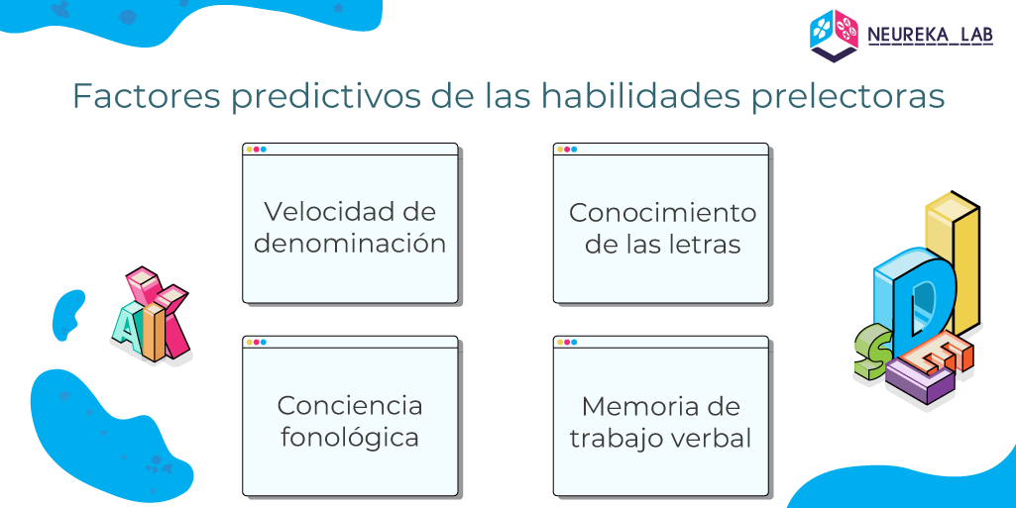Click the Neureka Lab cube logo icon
pyautogui.click(x=834, y=36)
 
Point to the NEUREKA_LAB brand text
pyautogui.click(x=930, y=35)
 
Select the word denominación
pyautogui.click(x=350, y=244)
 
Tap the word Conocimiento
pyautogui.click(x=662, y=213)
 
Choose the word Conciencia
pyautogui.click(x=350, y=406)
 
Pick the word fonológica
pyautogui.click(x=350, y=438)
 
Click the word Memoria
pyautogui.click(x=640, y=406)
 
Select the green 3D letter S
pyautogui.click(x=871, y=353)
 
